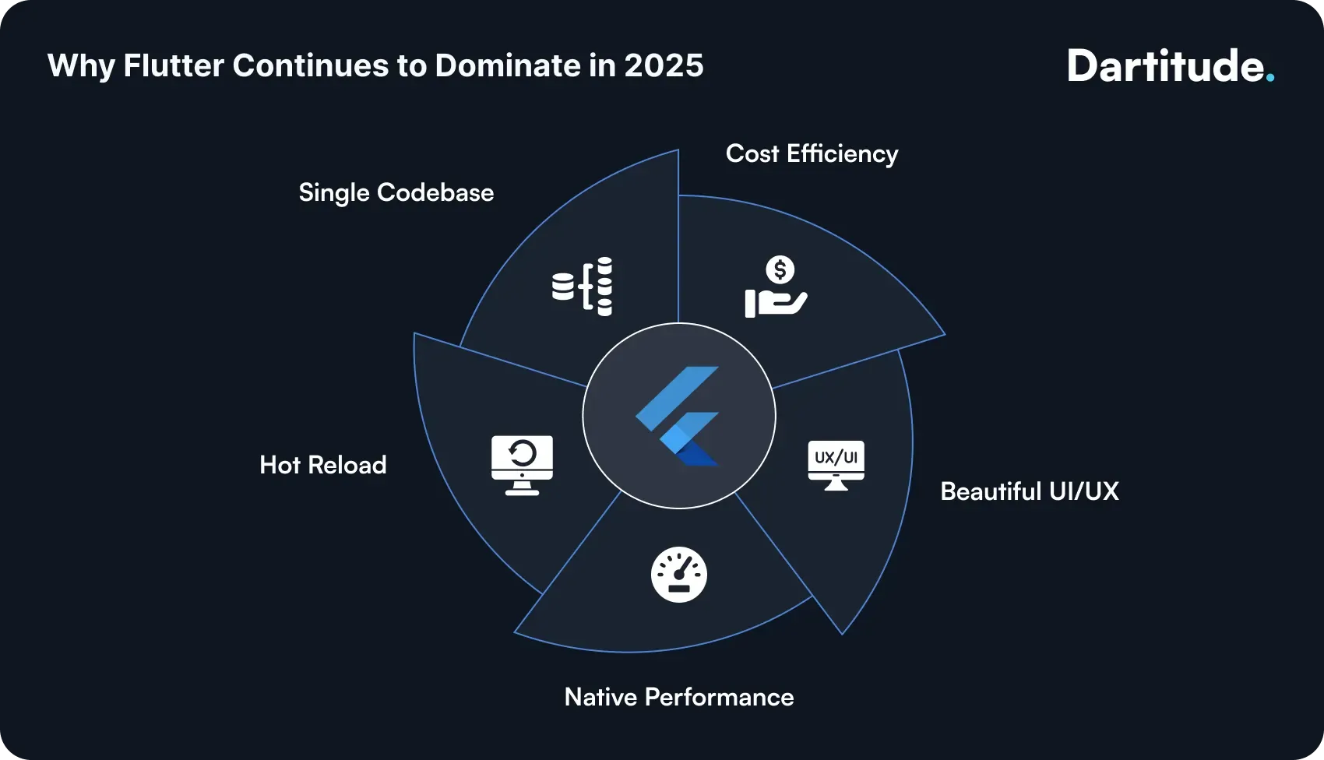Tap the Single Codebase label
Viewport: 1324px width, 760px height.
tap(396, 192)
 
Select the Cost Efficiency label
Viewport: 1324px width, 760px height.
tap(812, 153)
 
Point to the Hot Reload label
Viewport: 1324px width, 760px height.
tap(322, 465)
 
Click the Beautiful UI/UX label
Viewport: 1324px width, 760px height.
tap(1029, 491)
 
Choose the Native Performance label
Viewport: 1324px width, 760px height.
tap(678, 697)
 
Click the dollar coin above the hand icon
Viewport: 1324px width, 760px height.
tap(780, 270)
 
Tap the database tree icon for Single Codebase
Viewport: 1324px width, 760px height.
tap(583, 287)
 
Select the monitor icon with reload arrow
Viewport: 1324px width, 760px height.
tap(522, 465)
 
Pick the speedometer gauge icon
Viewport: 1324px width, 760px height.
tap(678, 575)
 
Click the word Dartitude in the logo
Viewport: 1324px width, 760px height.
tap(1164, 66)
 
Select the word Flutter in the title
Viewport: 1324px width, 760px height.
tap(173, 65)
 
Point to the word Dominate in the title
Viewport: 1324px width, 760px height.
tap(508, 65)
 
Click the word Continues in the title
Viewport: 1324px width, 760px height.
tap(310, 65)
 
